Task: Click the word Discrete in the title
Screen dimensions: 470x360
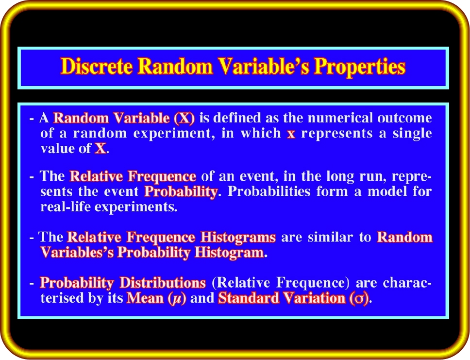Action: (96, 66)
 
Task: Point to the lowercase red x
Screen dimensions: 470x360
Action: (291, 134)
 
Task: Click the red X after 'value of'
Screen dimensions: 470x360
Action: (101, 148)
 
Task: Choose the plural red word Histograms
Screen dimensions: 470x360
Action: (238, 237)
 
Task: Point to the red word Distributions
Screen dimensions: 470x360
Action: (163, 283)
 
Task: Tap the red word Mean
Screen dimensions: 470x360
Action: (145, 298)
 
